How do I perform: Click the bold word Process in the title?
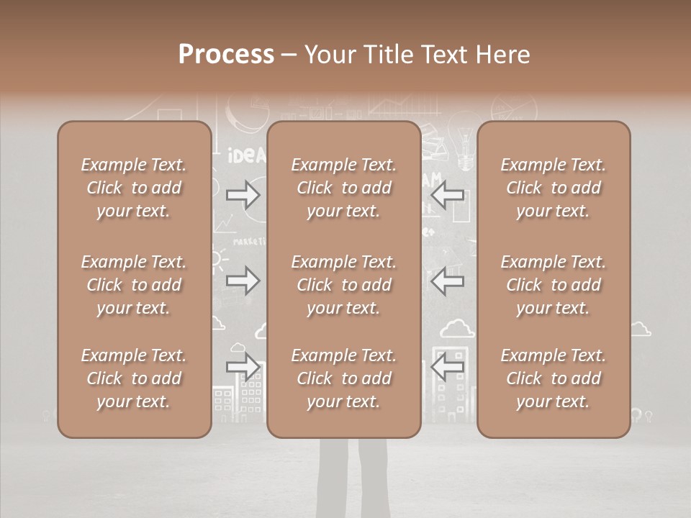tap(226, 55)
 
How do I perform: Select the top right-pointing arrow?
tap(243, 195)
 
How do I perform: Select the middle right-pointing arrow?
tap(243, 281)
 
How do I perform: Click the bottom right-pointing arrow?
tap(243, 367)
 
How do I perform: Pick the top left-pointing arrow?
tap(448, 195)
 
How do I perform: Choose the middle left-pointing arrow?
tap(448, 281)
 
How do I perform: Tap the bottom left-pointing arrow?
tap(448, 367)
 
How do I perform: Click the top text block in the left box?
tap(134, 188)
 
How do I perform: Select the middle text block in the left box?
tap(134, 285)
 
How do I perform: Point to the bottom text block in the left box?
tap(134, 378)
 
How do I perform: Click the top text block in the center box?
tap(344, 188)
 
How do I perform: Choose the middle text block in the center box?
tap(344, 285)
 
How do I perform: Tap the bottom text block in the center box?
tap(344, 378)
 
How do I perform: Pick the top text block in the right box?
tap(554, 188)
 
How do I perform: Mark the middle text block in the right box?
tap(554, 285)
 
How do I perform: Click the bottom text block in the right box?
tap(554, 378)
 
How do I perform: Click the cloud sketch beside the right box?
tap(640, 330)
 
